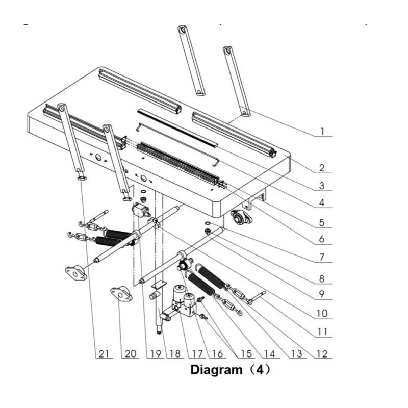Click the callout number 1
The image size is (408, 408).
point(322,132)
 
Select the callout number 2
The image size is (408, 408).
point(322,167)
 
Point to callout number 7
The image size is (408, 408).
point(322,258)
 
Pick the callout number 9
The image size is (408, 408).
point(322,294)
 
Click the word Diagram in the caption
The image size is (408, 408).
point(214,370)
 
